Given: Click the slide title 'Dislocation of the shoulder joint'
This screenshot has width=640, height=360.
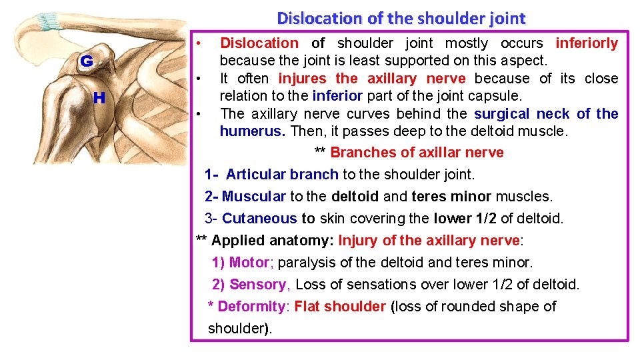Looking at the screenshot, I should coord(401,18).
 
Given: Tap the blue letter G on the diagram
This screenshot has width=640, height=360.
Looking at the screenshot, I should coord(87,62).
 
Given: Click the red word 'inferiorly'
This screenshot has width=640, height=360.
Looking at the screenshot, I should coord(587,43).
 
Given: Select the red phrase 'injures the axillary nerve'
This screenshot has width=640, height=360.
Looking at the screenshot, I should coord(372,79).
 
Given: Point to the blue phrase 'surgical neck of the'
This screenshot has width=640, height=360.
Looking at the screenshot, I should coord(546,114).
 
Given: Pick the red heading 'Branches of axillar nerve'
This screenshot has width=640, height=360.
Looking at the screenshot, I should coord(417,153).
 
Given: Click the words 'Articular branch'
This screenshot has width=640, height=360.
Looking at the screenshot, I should coord(282,175).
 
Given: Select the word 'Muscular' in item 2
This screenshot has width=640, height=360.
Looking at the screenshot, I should coord(254,197).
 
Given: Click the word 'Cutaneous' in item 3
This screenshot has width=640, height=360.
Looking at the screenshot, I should coord(259,219).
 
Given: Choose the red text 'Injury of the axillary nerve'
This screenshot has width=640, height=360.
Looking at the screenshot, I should coord(429,241).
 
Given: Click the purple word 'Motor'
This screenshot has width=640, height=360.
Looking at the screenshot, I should coord(249,263).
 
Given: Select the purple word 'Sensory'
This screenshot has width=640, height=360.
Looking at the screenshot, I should coord(257,285).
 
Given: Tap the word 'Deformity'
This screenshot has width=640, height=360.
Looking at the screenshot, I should coord(251,307).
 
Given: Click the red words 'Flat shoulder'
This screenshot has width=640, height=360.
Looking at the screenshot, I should coord(340,307).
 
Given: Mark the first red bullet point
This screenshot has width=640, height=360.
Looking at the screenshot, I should coord(200,43).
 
